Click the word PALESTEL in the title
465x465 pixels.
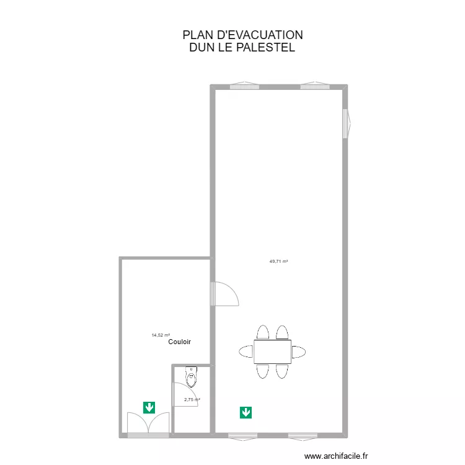(x=264, y=47)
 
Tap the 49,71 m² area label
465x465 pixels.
(x=278, y=262)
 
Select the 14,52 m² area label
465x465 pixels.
(x=161, y=335)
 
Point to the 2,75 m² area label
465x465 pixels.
(x=192, y=400)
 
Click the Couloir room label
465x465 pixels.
(x=179, y=342)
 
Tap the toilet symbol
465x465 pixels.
(x=191, y=376)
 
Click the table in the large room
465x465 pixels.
(x=272, y=352)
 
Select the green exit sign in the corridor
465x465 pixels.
(x=149, y=407)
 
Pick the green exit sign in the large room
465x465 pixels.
(x=246, y=412)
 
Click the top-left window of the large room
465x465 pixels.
(x=244, y=86)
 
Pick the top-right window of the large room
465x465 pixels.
(x=314, y=86)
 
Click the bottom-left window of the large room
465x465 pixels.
(x=242, y=435)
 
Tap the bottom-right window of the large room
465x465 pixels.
(x=303, y=435)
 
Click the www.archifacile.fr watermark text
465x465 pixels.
(x=337, y=456)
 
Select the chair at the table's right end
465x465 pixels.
(x=299, y=352)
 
